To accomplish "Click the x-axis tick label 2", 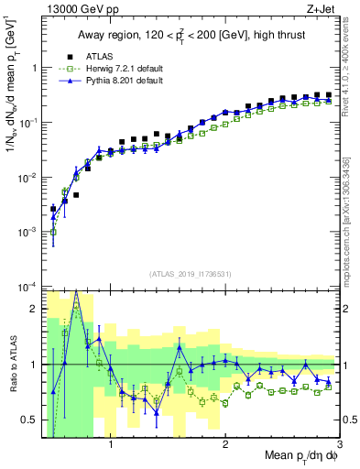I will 225,445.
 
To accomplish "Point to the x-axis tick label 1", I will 111,445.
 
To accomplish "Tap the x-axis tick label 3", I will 339,445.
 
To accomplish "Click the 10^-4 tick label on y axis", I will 27,288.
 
